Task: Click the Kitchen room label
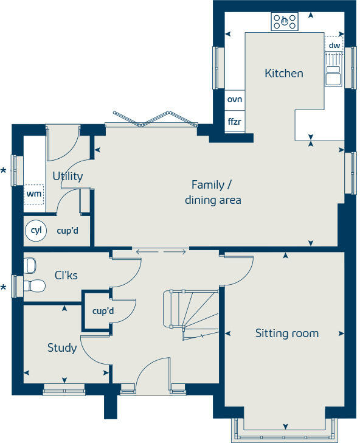[283, 74]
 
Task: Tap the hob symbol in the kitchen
[285, 22]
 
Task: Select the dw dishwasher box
[334, 45]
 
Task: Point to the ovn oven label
[235, 99]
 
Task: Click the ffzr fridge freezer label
[235, 122]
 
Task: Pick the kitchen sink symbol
[333, 72]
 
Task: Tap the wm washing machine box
[33, 194]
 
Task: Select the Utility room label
[67, 176]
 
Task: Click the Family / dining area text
[212, 192]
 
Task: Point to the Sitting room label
[286, 333]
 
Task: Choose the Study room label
[62, 347]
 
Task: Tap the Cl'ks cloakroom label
[66, 276]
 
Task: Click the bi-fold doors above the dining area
[151, 120]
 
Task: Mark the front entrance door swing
[152, 372]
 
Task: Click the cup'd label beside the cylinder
[67, 231]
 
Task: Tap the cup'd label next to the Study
[103, 311]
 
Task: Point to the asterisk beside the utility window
[4, 172]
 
